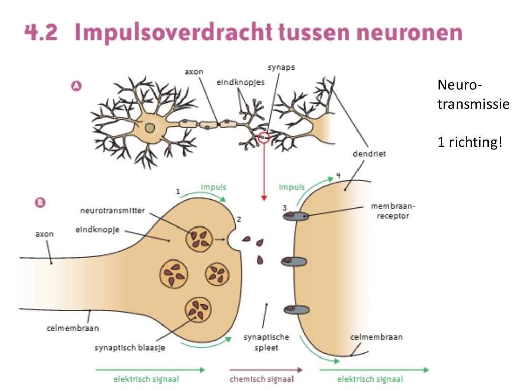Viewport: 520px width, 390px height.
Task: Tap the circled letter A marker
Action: (76, 86)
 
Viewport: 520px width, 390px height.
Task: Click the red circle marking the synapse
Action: (264, 137)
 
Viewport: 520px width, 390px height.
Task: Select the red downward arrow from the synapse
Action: (263, 173)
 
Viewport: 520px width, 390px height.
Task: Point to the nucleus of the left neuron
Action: (149, 127)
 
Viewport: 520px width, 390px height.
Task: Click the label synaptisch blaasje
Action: (130, 348)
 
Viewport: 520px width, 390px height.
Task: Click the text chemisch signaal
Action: (261, 379)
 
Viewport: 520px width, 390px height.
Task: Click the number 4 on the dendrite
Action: (338, 176)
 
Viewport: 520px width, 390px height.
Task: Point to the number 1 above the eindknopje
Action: (178, 192)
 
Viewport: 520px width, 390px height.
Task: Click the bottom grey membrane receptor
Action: (296, 309)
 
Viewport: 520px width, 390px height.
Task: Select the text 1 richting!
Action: (470, 142)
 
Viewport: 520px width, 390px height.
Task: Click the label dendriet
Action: (369, 154)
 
